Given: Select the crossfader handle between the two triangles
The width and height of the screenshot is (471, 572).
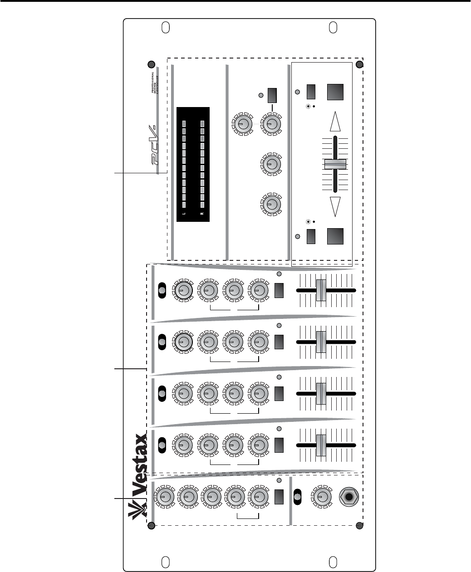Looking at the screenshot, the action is click(x=335, y=164).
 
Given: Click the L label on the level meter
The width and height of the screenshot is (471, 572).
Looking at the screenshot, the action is click(x=184, y=214).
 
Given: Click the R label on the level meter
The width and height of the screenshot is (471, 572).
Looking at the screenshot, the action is click(x=202, y=214).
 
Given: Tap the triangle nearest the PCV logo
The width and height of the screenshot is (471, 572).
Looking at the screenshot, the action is click(x=335, y=122).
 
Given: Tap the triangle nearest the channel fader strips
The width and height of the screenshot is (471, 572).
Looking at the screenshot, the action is click(x=335, y=207).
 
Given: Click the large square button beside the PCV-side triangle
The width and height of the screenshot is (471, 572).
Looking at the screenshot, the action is click(x=335, y=92).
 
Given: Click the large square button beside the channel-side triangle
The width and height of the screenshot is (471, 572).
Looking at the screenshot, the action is click(x=335, y=236).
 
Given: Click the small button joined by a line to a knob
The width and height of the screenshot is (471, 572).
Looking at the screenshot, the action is click(x=272, y=95).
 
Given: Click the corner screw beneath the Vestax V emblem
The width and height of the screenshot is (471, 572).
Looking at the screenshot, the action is click(x=151, y=526).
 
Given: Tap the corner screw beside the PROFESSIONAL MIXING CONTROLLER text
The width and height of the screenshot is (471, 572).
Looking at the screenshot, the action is click(x=151, y=64).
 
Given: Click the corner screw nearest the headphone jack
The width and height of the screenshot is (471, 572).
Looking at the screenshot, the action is click(x=360, y=526).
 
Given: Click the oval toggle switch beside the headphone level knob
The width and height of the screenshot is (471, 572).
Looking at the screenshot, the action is click(x=298, y=497).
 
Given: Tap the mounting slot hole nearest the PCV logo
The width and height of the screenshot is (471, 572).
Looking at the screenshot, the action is click(x=166, y=28).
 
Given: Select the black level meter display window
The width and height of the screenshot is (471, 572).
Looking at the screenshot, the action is click(x=193, y=165).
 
